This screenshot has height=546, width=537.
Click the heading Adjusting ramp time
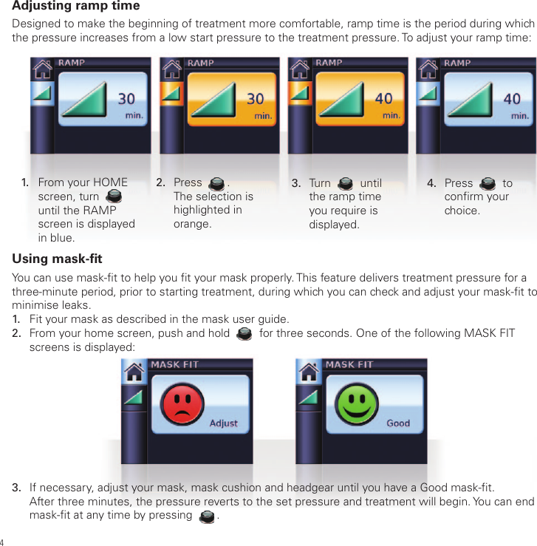pos(76,7)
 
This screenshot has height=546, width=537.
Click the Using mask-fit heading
pos(57,259)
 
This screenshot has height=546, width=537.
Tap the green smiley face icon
pos(358,404)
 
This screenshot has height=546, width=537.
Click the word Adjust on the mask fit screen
pos(223,423)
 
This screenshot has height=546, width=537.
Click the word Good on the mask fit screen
pos(398,423)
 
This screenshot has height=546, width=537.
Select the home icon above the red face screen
pos(133,372)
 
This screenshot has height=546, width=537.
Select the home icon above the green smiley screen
pos(308,372)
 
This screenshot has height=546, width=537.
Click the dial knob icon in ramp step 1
pos(114,197)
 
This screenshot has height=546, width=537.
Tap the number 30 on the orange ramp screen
pos(255,99)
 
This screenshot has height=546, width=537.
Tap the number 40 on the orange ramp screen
pos(383,99)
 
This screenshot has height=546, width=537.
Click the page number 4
pos(3,539)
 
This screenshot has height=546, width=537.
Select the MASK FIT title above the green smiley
pos(349,365)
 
